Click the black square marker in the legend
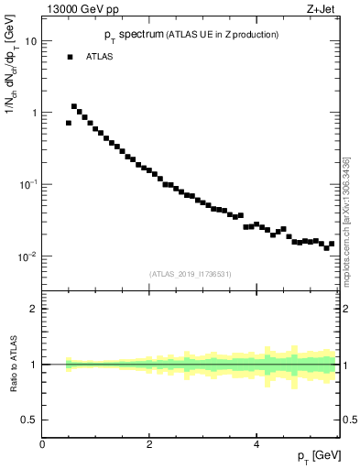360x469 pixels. click(x=70, y=57)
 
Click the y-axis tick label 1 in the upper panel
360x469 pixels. click(x=34, y=113)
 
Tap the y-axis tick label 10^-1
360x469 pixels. click(x=28, y=184)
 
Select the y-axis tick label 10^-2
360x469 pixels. click(x=28, y=256)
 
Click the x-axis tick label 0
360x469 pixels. click(x=42, y=444)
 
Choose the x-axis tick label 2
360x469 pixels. click(x=149, y=444)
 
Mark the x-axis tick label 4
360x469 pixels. click(x=256, y=444)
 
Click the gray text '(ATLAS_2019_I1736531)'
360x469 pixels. click(x=191, y=274)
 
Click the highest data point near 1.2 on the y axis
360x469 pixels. click(x=74, y=106)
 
